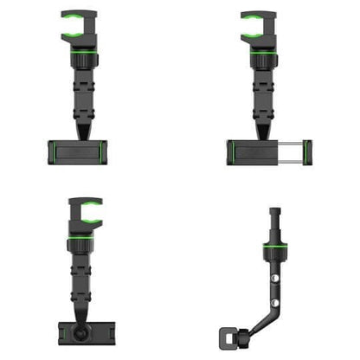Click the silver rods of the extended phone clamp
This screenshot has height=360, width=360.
click(286, 153)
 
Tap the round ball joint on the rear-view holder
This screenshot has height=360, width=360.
click(81, 332)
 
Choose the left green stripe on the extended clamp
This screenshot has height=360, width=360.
click(234, 153)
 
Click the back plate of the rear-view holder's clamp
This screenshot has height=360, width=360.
click(81, 333)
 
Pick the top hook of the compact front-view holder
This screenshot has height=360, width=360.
click(80, 26)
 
